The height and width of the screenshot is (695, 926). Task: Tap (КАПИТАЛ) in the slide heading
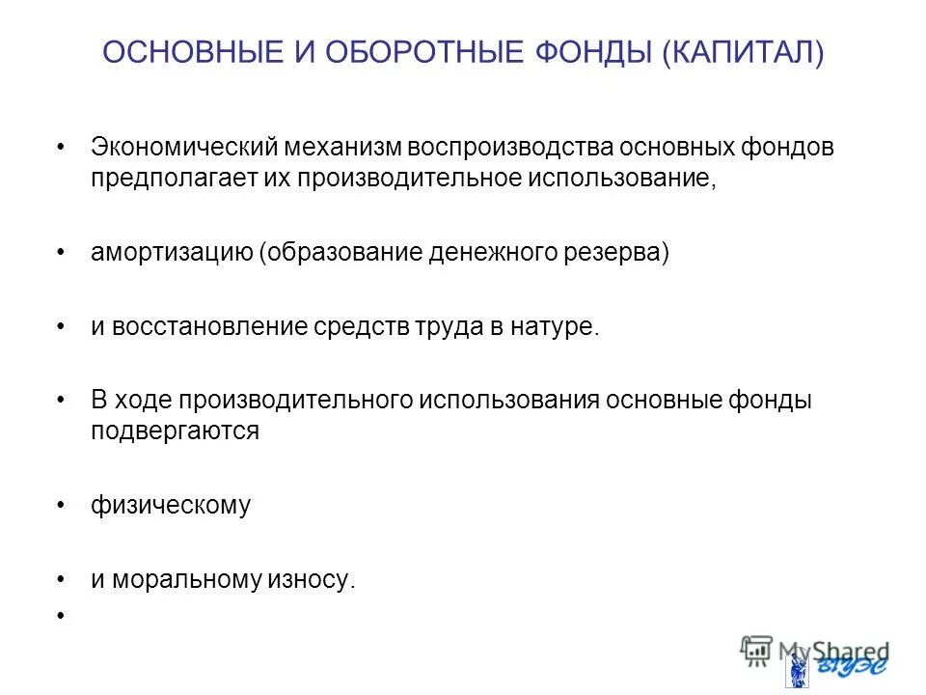[x=743, y=54]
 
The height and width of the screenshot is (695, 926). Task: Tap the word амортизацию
[x=171, y=253]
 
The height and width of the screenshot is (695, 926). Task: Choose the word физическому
[x=171, y=505]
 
